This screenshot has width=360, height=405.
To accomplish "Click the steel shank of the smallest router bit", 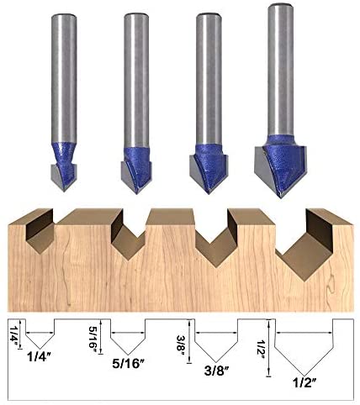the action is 64,78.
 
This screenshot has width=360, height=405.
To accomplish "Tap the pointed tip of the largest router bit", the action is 281,197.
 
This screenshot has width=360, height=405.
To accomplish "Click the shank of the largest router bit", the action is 281,70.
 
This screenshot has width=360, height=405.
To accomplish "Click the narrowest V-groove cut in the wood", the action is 40,232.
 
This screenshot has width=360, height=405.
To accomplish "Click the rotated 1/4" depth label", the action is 13,333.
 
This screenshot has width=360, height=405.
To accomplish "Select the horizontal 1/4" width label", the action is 40,357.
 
